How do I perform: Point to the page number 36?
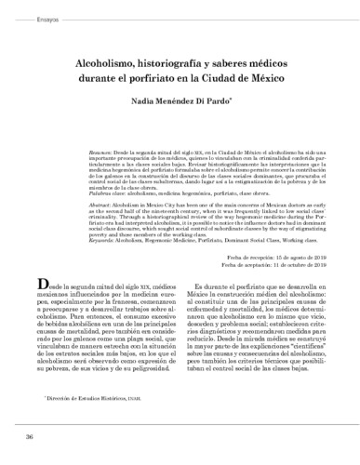(30, 437)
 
